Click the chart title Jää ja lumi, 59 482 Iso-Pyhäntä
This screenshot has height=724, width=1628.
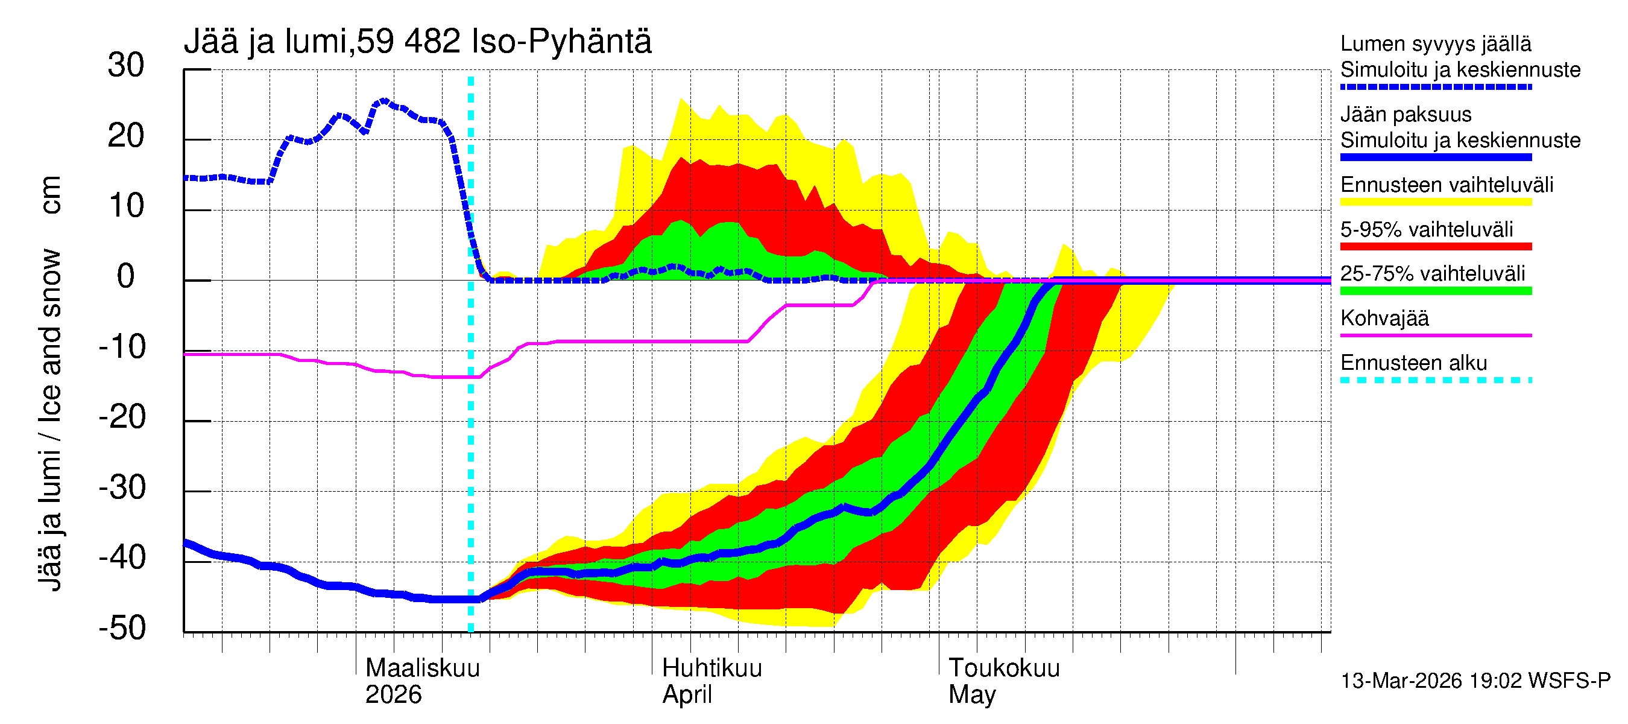pyautogui.click(x=417, y=42)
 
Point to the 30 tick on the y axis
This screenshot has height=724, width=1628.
pyautogui.click(x=126, y=65)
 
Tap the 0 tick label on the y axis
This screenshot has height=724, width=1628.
pyautogui.click(x=126, y=276)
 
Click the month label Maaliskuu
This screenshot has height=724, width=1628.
pyautogui.click(x=422, y=668)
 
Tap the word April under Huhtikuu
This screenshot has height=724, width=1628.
pyautogui.click(x=686, y=694)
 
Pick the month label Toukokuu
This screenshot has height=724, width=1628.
pyautogui.click(x=1003, y=668)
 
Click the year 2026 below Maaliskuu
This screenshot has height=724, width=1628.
pyautogui.click(x=393, y=694)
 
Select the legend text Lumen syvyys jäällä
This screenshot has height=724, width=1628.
pyautogui.click(x=1435, y=43)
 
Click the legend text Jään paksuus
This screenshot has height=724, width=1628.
pyautogui.click(x=1406, y=115)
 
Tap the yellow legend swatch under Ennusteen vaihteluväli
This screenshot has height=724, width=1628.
pyautogui.click(x=1435, y=202)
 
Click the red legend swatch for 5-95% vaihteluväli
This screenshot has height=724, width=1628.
pyautogui.click(x=1435, y=247)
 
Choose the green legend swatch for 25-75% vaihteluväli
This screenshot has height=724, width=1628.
pyautogui.click(x=1435, y=291)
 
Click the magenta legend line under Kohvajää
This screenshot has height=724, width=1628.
pyautogui.click(x=1435, y=335)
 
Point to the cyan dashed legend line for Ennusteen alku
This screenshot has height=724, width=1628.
pyautogui.click(x=1435, y=380)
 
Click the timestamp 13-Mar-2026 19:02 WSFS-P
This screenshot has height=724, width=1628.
pyautogui.click(x=1475, y=681)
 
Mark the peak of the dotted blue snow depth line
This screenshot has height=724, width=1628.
pyautogui.click(x=383, y=101)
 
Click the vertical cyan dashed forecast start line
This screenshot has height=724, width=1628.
pyautogui.click(x=470, y=443)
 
